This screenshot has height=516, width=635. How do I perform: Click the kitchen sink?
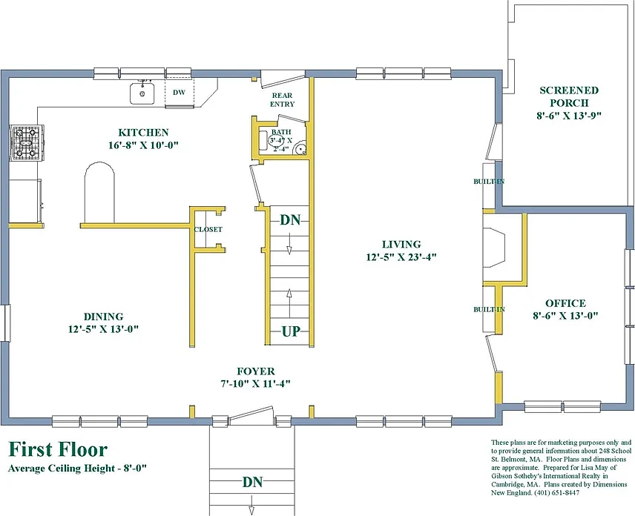(x=142, y=93)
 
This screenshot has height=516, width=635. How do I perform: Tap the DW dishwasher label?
(x=179, y=92)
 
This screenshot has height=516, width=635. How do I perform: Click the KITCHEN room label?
(x=143, y=133)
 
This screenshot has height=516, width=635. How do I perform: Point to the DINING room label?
(x=103, y=317)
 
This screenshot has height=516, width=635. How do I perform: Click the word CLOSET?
(x=208, y=230)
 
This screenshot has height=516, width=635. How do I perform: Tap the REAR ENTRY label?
(x=283, y=99)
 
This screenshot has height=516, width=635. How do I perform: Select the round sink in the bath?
(x=300, y=148)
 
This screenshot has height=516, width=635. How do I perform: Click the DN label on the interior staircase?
(x=290, y=219)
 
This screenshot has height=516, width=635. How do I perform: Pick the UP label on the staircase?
(x=291, y=331)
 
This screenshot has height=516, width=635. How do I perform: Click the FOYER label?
(x=255, y=371)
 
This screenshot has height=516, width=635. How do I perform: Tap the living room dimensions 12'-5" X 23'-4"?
(x=401, y=257)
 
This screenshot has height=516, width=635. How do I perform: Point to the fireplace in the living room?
(x=493, y=248)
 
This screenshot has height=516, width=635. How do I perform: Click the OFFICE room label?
(x=565, y=303)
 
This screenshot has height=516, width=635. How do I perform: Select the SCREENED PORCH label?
(x=569, y=96)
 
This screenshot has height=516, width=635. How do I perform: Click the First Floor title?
(x=58, y=449)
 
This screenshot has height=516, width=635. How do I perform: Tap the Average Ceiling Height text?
(x=77, y=469)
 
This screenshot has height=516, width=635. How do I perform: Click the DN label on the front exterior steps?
(x=252, y=482)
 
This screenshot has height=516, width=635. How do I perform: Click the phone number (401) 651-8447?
(x=557, y=493)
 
